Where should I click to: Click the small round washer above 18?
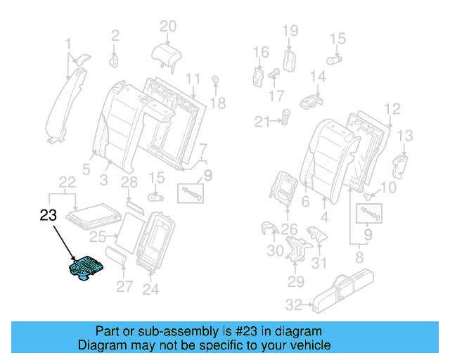[215, 79]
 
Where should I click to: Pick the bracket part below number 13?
[399, 165]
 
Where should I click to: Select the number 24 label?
[150, 288]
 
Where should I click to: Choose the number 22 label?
[67, 182]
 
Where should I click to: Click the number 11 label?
[193, 78]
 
